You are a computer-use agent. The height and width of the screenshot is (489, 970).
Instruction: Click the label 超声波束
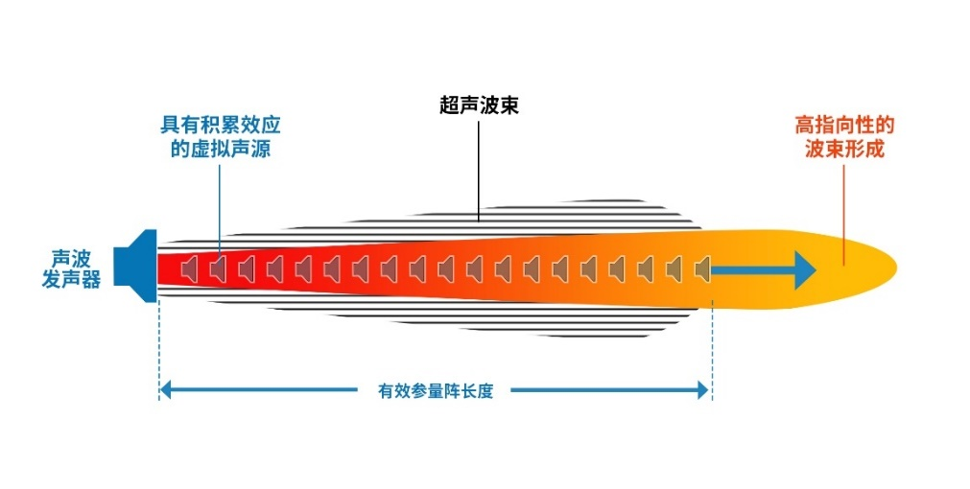pyautogui.click(x=479, y=105)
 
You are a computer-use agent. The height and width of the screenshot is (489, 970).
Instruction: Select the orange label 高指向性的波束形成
pyautogui.click(x=844, y=137)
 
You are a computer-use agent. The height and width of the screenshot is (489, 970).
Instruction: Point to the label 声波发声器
pyautogui.click(x=71, y=269)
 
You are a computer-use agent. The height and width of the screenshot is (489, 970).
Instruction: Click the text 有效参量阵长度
pyautogui.click(x=436, y=391)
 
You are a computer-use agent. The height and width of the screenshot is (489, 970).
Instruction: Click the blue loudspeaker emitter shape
pyautogui.click(x=136, y=266)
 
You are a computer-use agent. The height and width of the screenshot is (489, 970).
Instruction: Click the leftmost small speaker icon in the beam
pyautogui.click(x=190, y=269)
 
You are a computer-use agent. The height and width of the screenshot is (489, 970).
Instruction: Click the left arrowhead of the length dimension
pyautogui.click(x=165, y=390)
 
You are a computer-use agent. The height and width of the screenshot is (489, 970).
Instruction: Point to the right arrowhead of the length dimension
pyautogui.click(x=703, y=390)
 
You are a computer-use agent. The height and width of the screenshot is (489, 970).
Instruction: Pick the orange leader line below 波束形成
pyautogui.click(x=844, y=211)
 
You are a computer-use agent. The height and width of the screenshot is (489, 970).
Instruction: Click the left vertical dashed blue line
pyautogui.click(x=157, y=345)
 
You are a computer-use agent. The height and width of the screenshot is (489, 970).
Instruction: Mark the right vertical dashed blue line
pyautogui.click(x=711, y=345)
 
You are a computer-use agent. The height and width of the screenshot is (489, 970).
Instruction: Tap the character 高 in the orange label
pyautogui.click(x=805, y=126)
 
